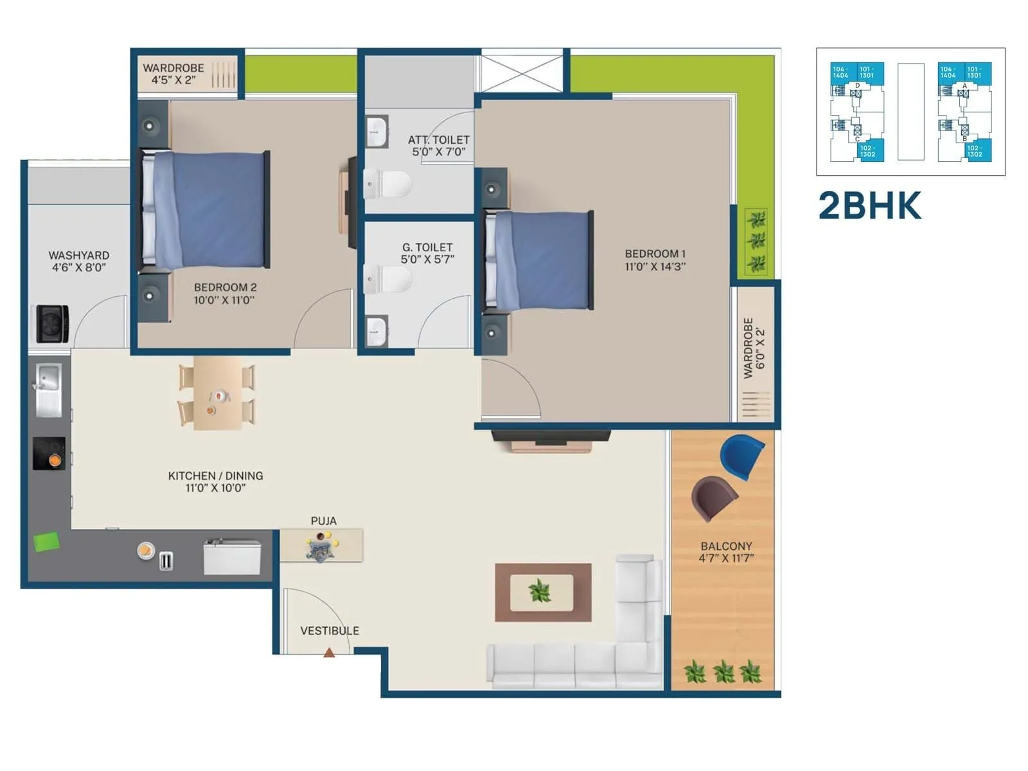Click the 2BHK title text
pos(869,206)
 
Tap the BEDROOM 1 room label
pos(655,254)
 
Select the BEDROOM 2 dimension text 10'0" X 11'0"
pos(224,300)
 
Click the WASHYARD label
pos(78,255)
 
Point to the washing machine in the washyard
pos(52,323)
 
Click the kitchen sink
pos(48,389)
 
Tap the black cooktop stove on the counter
pos(49,454)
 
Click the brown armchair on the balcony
pos(714,498)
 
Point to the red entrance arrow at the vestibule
pos(329,653)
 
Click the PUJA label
pos(323,521)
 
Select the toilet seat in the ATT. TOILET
pos(389,184)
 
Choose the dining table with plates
pos(217,393)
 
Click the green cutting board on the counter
pos(47,542)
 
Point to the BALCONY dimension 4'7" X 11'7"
pos(726,558)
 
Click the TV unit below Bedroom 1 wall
pos(551,440)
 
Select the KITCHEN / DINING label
pos(215,475)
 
